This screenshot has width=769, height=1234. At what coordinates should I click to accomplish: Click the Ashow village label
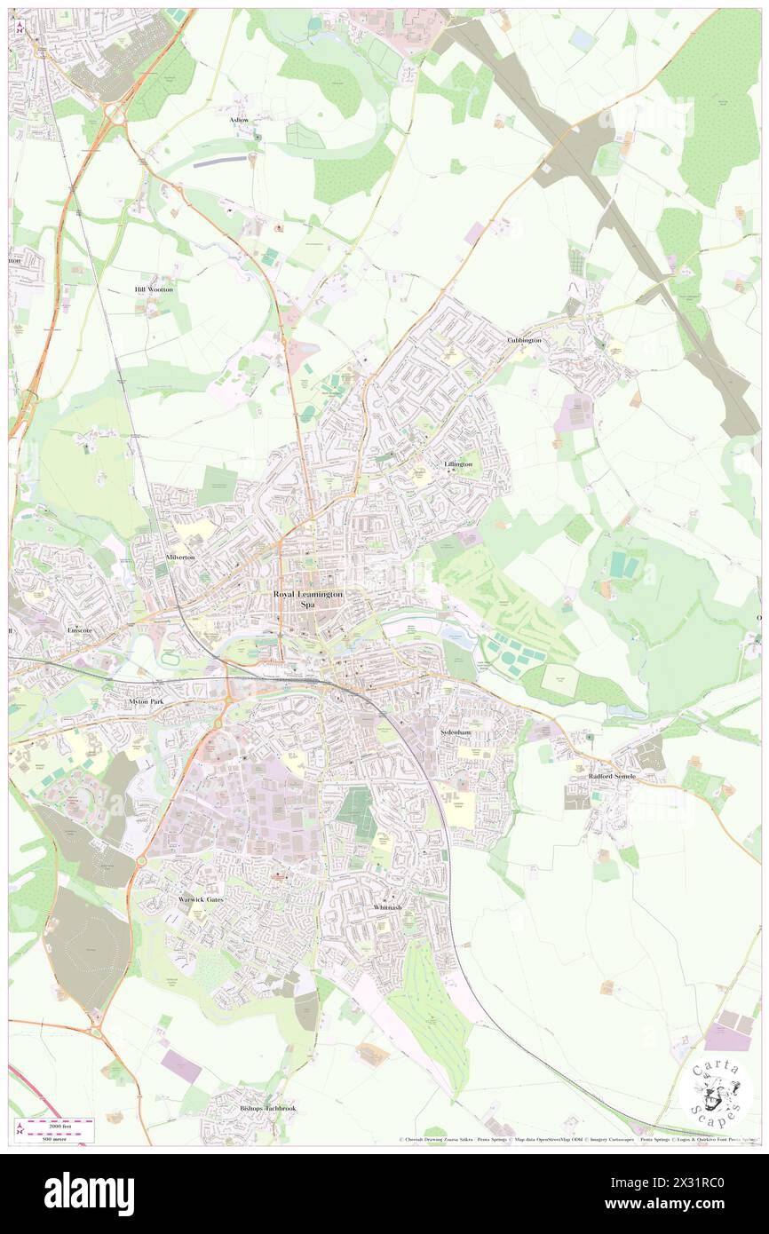pos(240,119)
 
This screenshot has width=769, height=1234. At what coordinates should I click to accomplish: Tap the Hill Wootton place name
pos(154,289)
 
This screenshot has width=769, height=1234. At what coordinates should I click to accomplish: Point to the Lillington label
pos(458,464)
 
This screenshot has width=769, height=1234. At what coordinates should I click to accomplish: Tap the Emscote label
pos(81,629)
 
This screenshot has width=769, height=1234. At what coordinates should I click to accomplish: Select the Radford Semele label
pos(613,776)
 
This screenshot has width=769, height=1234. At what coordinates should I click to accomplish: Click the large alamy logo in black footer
pos(89,1193)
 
